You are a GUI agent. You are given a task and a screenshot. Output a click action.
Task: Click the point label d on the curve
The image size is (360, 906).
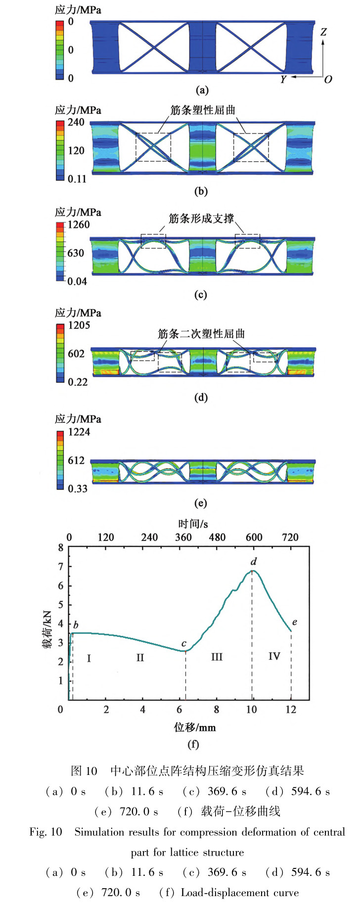[x=254, y=562]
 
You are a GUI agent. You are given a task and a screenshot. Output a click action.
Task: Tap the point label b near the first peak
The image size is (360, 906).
[x=76, y=626]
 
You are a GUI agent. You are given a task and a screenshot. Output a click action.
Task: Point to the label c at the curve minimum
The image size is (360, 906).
[x=184, y=643]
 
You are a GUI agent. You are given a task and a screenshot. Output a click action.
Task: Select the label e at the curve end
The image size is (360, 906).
[x=295, y=622]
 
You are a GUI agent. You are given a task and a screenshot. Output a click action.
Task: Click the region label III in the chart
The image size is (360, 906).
[x=217, y=657]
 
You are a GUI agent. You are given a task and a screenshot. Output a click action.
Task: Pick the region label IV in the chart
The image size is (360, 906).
[x=274, y=656]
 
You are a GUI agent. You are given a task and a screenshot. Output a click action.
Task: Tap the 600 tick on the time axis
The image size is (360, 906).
[x=254, y=538]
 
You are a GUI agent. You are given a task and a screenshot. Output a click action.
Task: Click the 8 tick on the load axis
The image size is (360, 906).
[x=61, y=547]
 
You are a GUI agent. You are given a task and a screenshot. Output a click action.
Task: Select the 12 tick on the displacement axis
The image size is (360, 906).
[x=291, y=710]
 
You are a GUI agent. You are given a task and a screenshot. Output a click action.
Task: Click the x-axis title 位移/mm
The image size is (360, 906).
[x=195, y=727]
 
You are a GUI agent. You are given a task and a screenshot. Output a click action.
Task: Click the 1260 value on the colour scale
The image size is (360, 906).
[x=79, y=225]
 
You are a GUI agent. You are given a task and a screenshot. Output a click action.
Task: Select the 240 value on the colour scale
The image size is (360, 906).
[x=76, y=122]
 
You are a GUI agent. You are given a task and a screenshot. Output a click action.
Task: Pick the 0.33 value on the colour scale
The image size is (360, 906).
[x=78, y=489]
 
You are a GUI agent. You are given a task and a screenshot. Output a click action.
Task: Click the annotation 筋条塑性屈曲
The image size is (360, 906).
[x=203, y=110]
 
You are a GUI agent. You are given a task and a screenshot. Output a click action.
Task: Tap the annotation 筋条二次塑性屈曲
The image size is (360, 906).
[x=201, y=334]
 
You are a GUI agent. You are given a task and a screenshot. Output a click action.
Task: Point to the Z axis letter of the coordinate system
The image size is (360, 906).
[x=323, y=32]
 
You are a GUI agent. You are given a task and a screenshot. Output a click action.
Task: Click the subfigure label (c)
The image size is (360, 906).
[x=201, y=295]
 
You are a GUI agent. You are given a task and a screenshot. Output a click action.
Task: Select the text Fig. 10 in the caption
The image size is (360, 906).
[x=46, y=832]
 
